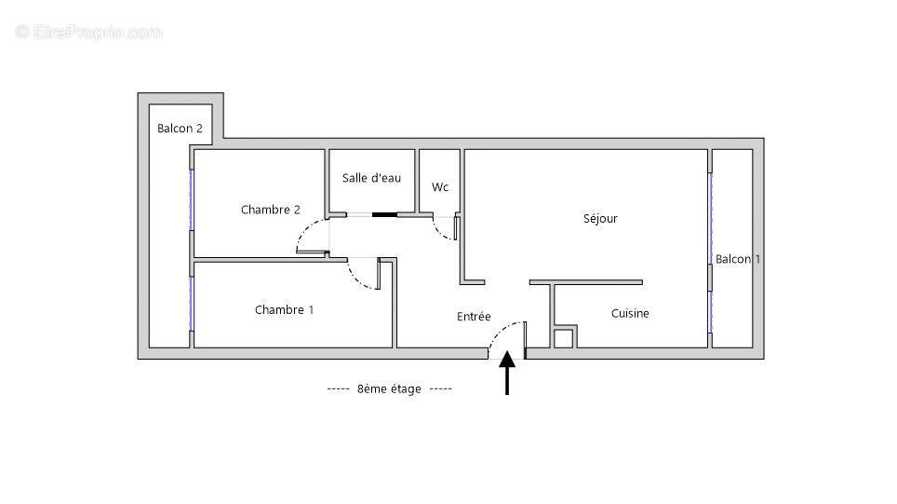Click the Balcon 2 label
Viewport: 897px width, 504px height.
coord(180,129)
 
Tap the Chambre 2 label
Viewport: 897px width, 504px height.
coord(270,210)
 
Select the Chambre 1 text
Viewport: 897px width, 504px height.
coord(284,309)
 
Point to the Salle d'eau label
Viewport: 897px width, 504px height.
coord(371,178)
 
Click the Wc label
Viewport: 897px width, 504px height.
coord(440,187)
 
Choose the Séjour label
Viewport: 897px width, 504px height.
coord(600,219)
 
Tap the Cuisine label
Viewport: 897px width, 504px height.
coord(630,313)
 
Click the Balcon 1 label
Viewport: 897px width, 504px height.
coord(737,259)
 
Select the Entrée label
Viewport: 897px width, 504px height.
coord(474,317)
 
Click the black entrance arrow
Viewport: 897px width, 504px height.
coord(507,373)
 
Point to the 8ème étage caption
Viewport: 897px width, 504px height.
coord(389,389)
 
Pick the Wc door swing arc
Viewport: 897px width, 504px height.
coord(442,232)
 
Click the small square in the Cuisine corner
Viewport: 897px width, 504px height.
coord(563,338)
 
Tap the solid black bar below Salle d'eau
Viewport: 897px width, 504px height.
coord(384,215)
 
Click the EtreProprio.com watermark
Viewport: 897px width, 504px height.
coord(89,32)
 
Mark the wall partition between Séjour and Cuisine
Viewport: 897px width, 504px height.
coord(585,281)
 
